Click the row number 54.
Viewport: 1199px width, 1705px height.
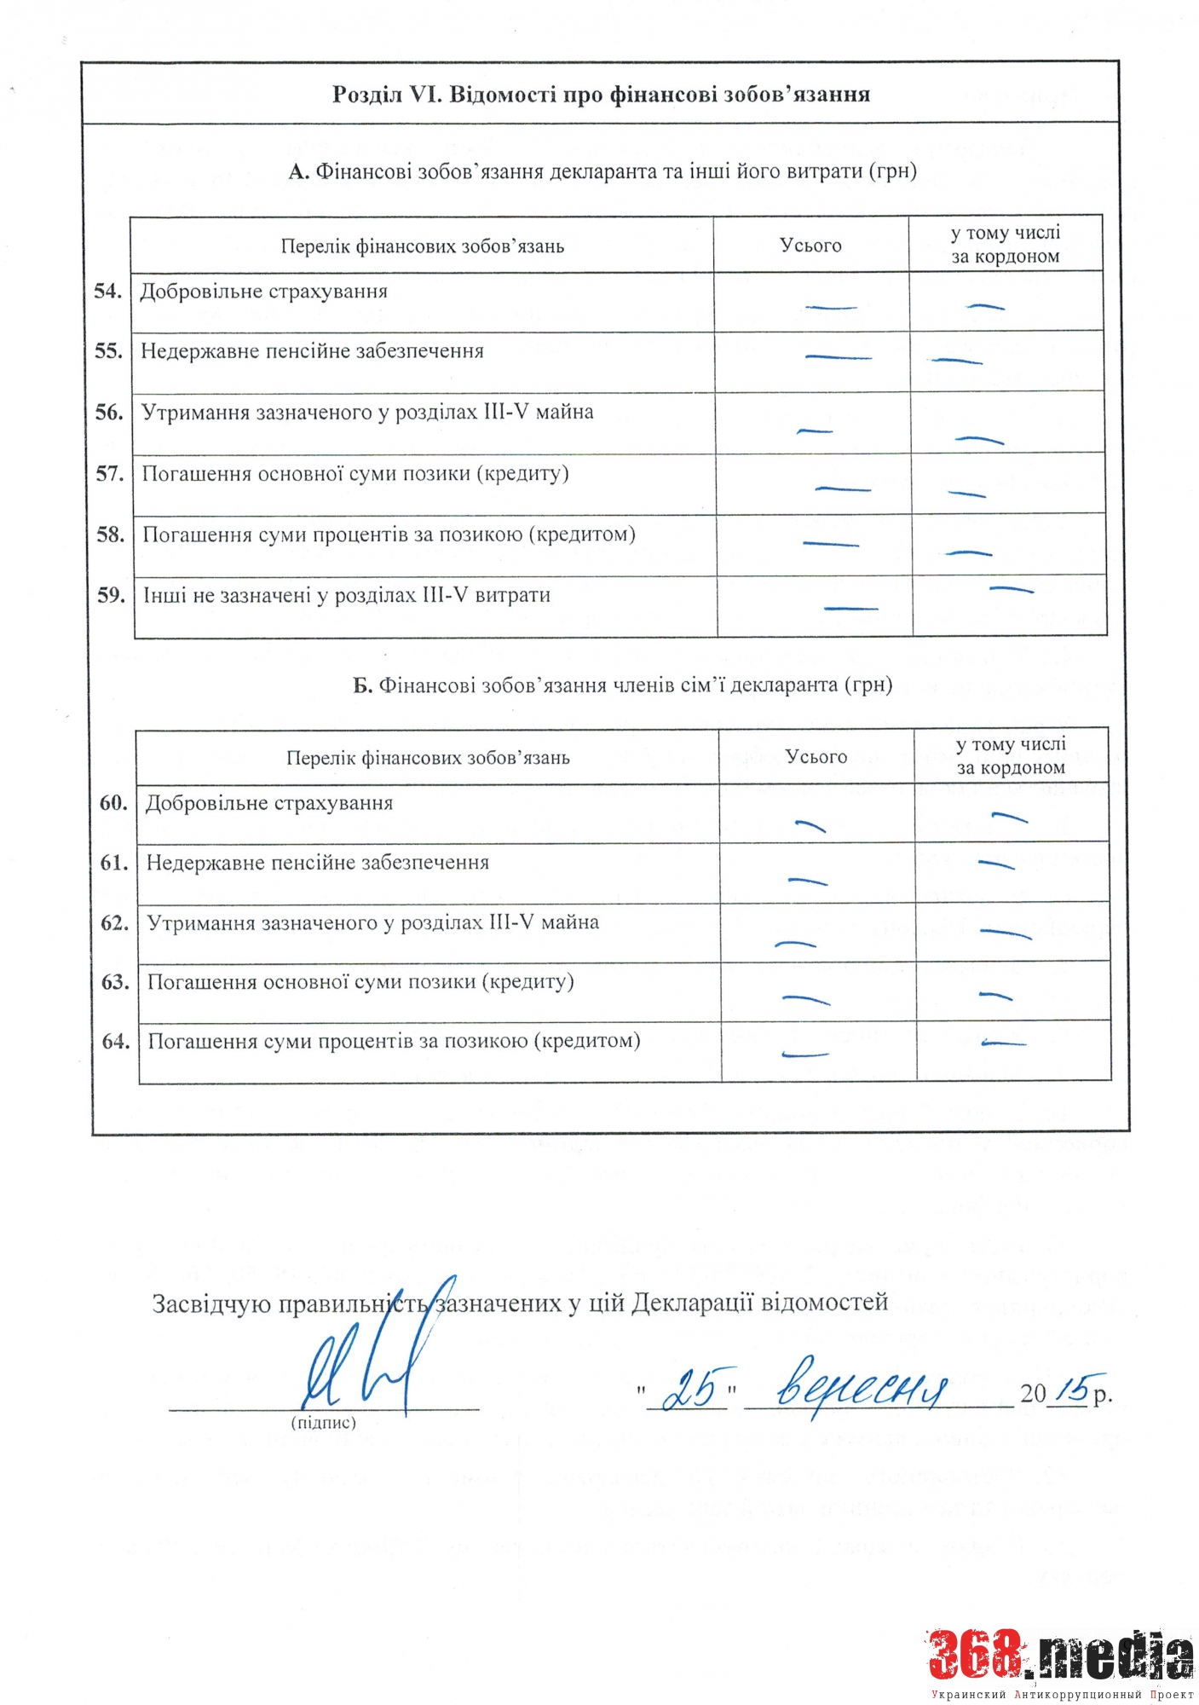[107, 292]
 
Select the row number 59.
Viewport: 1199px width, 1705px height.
[111, 595]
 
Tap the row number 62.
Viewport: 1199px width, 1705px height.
[114, 922]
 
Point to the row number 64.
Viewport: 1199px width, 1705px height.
[115, 1041]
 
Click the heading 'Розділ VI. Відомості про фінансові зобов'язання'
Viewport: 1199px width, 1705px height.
[601, 94]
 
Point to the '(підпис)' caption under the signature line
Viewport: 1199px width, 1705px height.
[324, 1423]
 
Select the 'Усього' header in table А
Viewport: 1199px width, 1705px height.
[810, 246]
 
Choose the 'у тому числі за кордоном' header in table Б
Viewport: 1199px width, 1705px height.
[1011, 755]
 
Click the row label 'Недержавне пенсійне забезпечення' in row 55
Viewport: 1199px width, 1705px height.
[312, 351]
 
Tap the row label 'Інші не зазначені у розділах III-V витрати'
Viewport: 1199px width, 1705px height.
[346, 595]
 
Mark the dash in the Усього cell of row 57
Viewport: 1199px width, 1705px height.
[842, 489]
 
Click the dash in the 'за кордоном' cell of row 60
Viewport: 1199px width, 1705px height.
[1010, 818]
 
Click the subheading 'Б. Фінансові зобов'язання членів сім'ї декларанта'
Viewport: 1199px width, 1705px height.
[622, 685]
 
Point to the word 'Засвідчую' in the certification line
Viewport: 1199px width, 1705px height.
[211, 1303]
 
